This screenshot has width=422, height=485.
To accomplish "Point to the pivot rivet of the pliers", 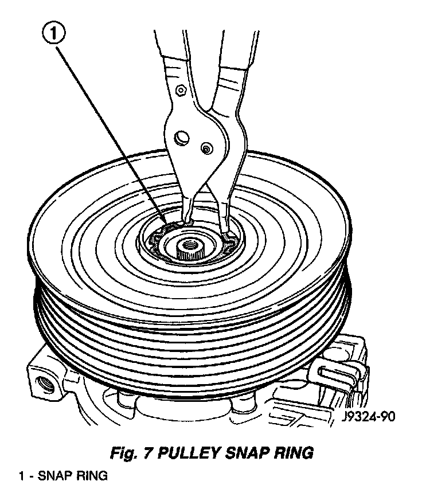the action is [x=205, y=148].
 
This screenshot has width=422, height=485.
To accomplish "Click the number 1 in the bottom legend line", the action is [x=21, y=475].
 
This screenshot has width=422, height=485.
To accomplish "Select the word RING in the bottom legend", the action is [x=88, y=475].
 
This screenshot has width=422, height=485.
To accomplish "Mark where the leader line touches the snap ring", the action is [x=166, y=225].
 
